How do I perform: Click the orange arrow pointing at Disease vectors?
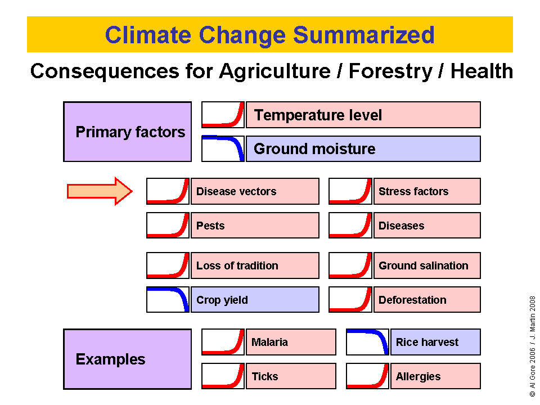[x=100, y=191]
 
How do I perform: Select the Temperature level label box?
[x=363, y=115]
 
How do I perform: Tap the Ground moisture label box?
[x=363, y=148]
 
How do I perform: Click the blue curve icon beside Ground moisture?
[x=223, y=148]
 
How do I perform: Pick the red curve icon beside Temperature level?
[x=223, y=115]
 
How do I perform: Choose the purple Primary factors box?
[x=128, y=132]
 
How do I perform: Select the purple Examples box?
[x=128, y=359]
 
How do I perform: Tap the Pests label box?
[x=255, y=225]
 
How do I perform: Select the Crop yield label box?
[x=255, y=300]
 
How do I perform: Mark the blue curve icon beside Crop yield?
[x=168, y=300]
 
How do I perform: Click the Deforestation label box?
[x=427, y=300]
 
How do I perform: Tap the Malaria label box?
[x=291, y=342]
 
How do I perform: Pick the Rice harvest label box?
[x=435, y=342]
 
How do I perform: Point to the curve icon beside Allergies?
[x=367, y=376]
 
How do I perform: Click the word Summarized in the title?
[x=364, y=35]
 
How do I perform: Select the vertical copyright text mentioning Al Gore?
[x=533, y=346]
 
